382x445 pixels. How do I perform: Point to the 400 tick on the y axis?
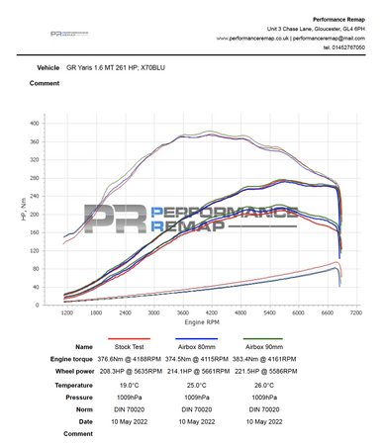pos(36,124)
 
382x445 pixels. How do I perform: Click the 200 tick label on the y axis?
pos(36,214)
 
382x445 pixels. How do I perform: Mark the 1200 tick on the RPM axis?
pos(67,312)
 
